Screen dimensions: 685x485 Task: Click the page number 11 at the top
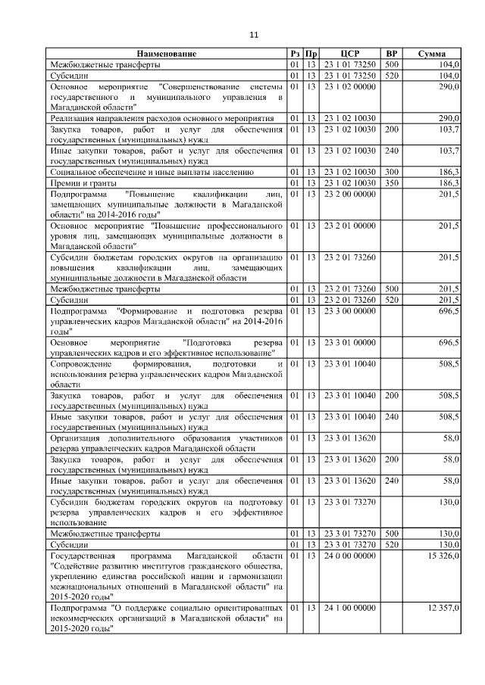pyautogui.click(x=254, y=34)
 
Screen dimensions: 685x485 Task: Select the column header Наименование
pyautogui.click(x=167, y=54)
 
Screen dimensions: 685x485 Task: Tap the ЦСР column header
pyautogui.click(x=349, y=54)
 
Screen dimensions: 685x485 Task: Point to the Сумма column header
pyautogui.click(x=435, y=54)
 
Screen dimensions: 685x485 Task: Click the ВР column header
pyautogui.click(x=392, y=54)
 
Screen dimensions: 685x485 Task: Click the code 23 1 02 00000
pyautogui.click(x=349, y=87)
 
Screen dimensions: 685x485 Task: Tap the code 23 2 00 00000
pyautogui.click(x=349, y=195)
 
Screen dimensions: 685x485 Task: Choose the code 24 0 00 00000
pyautogui.click(x=349, y=556)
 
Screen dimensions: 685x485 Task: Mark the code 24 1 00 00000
pyautogui.click(x=349, y=609)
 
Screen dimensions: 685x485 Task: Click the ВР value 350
pyautogui.click(x=392, y=183)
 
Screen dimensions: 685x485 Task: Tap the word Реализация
pyautogui.click(x=73, y=119)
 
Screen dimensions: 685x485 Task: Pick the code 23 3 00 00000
pyautogui.click(x=349, y=311)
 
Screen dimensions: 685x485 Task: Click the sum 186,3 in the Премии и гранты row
pyautogui.click(x=448, y=183)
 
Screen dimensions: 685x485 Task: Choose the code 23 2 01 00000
pyautogui.click(x=349, y=226)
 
